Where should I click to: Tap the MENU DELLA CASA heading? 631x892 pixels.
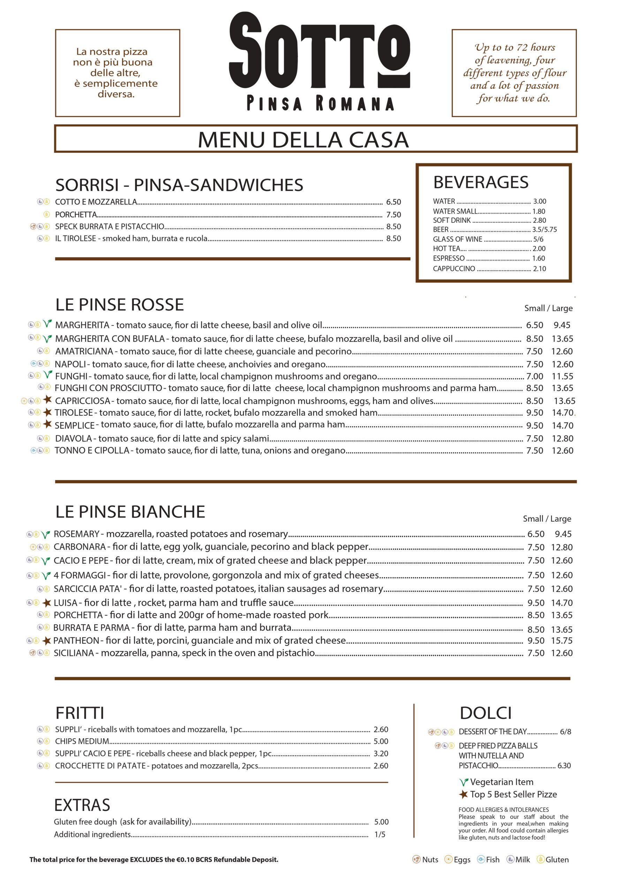pos(303,139)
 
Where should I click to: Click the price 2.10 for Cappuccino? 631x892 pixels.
pos(539,268)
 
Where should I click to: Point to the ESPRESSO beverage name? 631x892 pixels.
pos(449,258)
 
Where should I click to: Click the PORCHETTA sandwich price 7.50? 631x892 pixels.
pos(393,214)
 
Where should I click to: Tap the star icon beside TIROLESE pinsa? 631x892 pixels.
pos(47,412)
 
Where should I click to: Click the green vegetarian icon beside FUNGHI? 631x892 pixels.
pos(47,375)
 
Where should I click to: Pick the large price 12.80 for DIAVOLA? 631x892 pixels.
pos(562,438)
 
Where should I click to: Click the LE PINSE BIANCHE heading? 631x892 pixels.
pos(130,512)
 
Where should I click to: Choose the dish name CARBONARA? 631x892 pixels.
pos(79,547)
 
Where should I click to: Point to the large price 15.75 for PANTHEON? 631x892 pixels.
pos(562,640)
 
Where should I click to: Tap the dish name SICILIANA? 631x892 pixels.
pos(74,653)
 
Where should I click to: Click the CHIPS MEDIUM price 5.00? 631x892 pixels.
pos(381,741)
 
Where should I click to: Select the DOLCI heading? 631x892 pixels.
pos(485,713)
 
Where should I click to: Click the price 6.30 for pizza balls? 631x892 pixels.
pos(564,766)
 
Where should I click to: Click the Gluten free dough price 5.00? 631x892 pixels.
pos(381,822)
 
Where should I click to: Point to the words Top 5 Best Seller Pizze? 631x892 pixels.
pos(513,794)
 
